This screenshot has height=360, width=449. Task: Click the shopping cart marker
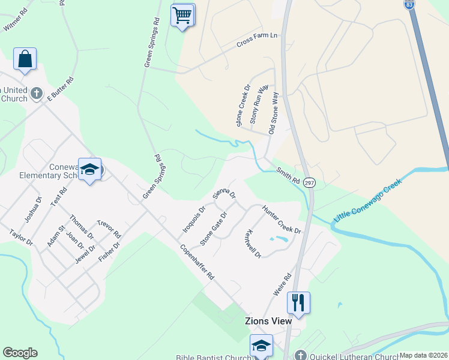(x=182, y=14)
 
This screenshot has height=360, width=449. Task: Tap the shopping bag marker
(x=25, y=59)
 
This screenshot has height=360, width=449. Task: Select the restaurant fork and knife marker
(x=298, y=302)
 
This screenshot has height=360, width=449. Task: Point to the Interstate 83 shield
(x=408, y=4)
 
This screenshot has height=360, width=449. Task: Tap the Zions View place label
(x=268, y=321)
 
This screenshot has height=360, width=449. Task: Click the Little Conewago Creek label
(x=367, y=201)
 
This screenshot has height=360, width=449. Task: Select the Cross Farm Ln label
(x=257, y=40)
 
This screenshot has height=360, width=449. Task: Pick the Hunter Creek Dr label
(x=281, y=219)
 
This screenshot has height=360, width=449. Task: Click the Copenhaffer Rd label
(x=196, y=262)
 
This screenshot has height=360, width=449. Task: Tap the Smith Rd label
(x=288, y=176)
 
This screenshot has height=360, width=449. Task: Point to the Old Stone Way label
(x=274, y=112)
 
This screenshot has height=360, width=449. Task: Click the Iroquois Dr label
(x=194, y=219)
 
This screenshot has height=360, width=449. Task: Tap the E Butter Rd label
(x=60, y=88)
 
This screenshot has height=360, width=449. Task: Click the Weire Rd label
(x=282, y=284)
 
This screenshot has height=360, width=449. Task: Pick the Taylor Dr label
(x=20, y=237)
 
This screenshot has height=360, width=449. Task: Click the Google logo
(x=20, y=353)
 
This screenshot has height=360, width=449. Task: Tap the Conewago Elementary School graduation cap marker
(x=90, y=170)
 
